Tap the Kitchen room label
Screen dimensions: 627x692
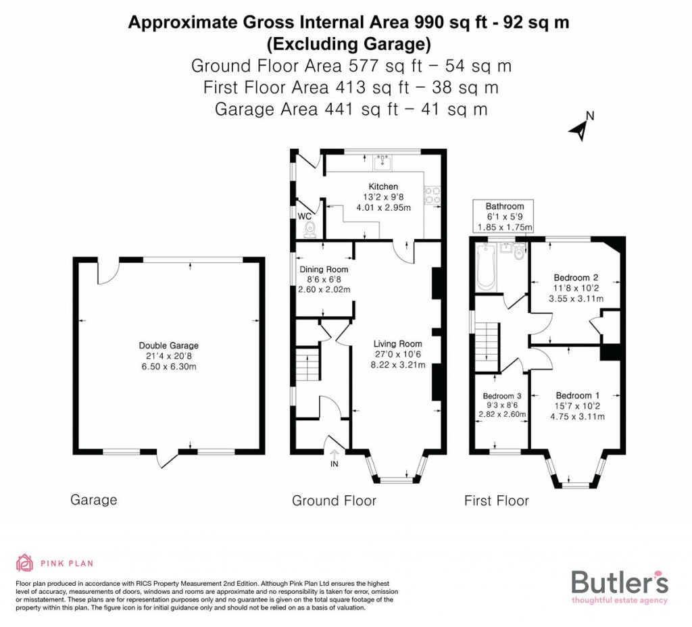click(x=382, y=186)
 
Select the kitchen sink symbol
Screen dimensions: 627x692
click(x=382, y=161)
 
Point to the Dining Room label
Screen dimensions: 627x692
click(x=323, y=270)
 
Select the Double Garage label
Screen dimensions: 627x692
click(x=169, y=345)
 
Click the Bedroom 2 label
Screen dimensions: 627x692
click(x=576, y=277)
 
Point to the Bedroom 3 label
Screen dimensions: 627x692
click(x=501, y=396)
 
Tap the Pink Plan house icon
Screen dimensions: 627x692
click(x=25, y=562)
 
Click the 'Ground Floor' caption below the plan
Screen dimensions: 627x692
click(x=334, y=501)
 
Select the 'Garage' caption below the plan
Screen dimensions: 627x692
click(x=93, y=500)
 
